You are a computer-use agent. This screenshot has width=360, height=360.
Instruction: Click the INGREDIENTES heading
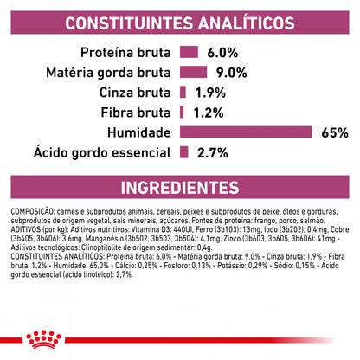[180, 188]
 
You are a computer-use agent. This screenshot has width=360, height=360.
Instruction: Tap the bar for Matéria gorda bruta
[194, 71]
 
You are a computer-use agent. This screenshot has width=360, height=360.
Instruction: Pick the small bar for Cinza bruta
[183, 91]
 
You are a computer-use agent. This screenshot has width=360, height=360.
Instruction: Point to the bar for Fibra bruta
[182, 112]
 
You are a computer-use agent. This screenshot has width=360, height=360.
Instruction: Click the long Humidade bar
[245, 132]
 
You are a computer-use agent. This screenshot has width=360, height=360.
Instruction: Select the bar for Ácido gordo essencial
[184, 152]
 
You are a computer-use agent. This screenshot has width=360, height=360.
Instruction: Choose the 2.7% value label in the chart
[213, 152]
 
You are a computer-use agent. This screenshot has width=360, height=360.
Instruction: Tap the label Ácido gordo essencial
[93, 152]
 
